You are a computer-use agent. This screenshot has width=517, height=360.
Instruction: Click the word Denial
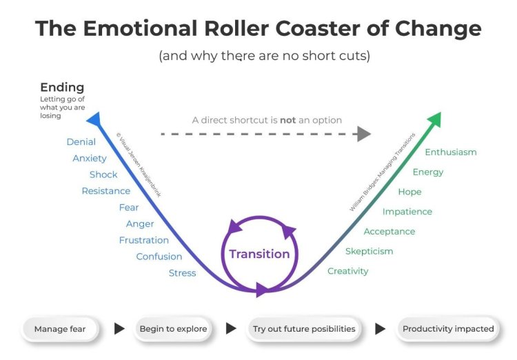click(81, 142)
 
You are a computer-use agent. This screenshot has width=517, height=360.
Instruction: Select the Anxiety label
click(90, 159)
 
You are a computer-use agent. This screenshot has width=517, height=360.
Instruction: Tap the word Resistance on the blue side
click(105, 191)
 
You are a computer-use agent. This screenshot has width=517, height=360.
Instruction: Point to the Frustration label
click(143, 241)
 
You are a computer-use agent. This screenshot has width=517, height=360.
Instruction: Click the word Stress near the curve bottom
click(182, 273)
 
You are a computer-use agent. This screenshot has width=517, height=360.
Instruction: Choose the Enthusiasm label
click(450, 152)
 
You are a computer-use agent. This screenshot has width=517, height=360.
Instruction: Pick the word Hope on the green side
click(409, 192)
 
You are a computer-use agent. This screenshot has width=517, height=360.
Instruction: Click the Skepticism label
click(369, 251)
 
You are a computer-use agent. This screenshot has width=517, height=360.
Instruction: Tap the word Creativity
click(347, 271)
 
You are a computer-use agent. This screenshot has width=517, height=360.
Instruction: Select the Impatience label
click(407, 212)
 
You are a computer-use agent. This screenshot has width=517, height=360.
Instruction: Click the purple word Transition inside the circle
click(259, 254)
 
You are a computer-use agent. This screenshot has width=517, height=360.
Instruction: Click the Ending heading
click(62, 88)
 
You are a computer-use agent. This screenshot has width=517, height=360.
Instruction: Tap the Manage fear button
click(60, 329)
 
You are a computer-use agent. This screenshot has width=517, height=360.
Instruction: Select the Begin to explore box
click(173, 329)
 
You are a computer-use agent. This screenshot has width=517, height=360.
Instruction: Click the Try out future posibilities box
click(303, 329)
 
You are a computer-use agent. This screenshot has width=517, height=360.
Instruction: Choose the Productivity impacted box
click(448, 329)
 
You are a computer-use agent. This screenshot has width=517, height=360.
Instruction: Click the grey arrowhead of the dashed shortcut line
click(364, 134)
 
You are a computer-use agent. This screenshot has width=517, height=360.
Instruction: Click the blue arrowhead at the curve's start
click(94, 119)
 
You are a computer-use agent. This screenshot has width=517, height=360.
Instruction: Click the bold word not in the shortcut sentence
click(287, 120)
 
